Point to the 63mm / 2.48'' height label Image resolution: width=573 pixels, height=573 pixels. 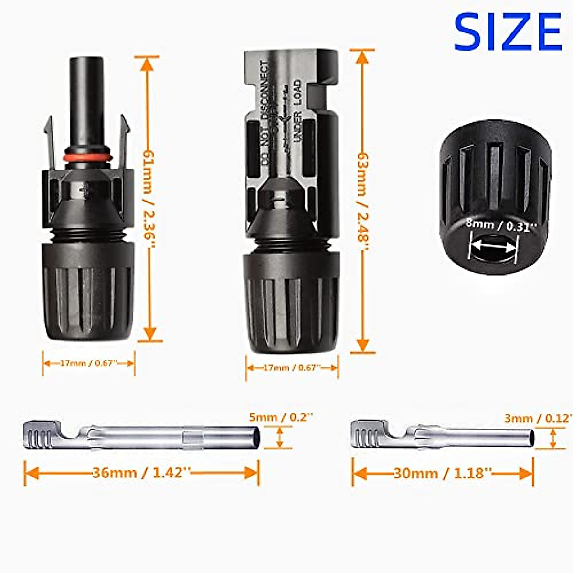point(363,201)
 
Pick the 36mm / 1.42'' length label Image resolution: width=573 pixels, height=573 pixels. point(141,473)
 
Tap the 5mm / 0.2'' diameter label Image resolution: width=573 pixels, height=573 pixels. point(281,417)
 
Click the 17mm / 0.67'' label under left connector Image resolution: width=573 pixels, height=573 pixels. point(89,363)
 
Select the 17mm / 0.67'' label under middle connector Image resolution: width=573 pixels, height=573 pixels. point(292,368)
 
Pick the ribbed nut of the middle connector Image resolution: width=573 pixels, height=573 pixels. point(291,303)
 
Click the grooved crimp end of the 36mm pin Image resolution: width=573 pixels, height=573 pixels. point(41,435)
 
